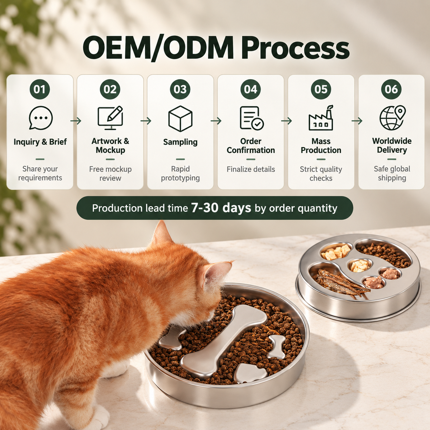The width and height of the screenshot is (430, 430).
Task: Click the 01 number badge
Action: pyautogui.click(x=40, y=89)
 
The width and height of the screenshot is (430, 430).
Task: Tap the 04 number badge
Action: pyautogui.click(x=250, y=89)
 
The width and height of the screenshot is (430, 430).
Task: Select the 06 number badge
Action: pyautogui.click(x=391, y=89)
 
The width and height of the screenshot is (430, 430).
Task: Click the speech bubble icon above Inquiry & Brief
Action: pyautogui.click(x=40, y=118)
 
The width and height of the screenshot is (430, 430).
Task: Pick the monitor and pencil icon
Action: pyautogui.click(x=110, y=118)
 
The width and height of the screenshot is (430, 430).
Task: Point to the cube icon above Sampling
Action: pyautogui.click(x=180, y=119)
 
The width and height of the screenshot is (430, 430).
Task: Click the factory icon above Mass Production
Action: pyautogui.click(x=321, y=118)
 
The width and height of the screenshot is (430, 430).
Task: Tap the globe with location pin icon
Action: pyautogui.click(x=392, y=118)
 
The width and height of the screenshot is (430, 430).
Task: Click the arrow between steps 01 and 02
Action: pyautogui.click(x=76, y=121)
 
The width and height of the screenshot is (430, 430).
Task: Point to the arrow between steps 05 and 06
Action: pyautogui.click(x=357, y=121)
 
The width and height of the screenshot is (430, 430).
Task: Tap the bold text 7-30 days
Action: pyautogui.click(x=221, y=208)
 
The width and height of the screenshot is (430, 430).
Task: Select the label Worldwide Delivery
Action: pyautogui.click(x=392, y=145)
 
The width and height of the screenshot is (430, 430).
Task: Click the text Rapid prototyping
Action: pyautogui.click(x=180, y=173)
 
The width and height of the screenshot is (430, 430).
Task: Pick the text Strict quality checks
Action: pyautogui.click(x=321, y=173)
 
